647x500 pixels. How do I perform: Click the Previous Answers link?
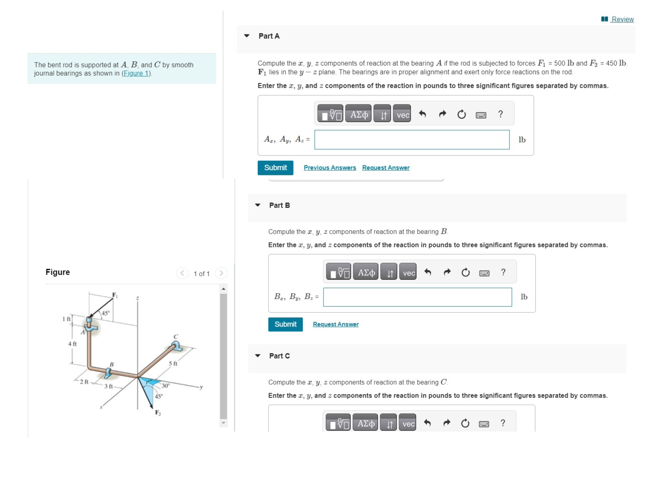pyautogui.click(x=330, y=168)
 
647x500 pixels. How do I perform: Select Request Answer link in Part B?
pyautogui.click(x=336, y=324)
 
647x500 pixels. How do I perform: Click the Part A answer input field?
pyautogui.click(x=412, y=140)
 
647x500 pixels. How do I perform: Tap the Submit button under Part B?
pyautogui.click(x=285, y=324)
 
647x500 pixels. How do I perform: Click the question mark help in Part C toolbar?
pyautogui.click(x=503, y=423)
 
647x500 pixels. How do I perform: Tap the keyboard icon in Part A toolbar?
pyautogui.click(x=481, y=115)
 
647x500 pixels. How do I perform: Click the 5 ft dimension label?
pyautogui.click(x=173, y=364)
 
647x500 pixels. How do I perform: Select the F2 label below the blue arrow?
pyautogui.click(x=158, y=413)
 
